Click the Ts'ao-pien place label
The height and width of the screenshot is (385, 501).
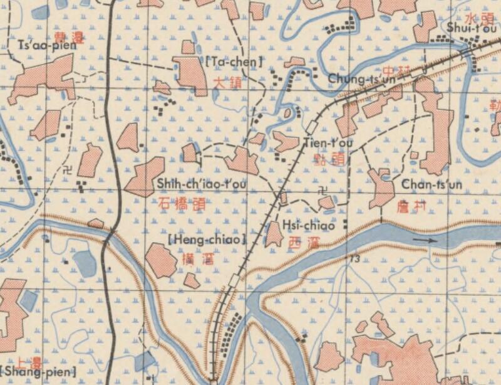[41, 47]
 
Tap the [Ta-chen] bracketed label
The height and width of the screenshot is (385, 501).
[233, 61]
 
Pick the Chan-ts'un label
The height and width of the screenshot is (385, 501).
[431, 184]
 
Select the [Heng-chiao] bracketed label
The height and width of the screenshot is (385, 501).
[207, 240]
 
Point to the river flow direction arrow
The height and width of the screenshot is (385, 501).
[426, 239]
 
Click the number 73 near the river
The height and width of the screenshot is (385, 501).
[355, 258]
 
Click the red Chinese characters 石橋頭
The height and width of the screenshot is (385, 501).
[182, 203]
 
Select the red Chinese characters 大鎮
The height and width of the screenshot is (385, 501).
[226, 82]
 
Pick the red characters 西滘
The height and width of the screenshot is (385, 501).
[303, 243]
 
